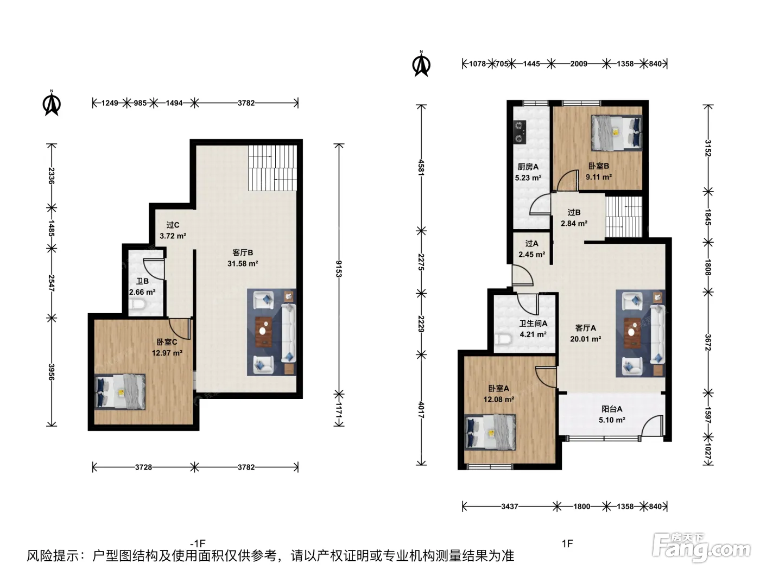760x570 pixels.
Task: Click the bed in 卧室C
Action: pos(120,391)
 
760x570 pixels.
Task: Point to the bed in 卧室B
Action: pos(616,133)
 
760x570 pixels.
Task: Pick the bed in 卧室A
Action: pos(490,433)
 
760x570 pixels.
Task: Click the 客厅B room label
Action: pos(242,252)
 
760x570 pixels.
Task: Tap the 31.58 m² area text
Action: pos(242,264)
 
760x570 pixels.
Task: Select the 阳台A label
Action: pos(612,409)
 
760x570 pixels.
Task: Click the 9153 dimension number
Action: pos(339,269)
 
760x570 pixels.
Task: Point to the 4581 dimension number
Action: pos(421,168)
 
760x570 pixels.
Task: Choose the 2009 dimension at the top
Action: pos(579,64)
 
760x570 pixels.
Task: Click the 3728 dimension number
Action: pos(143,467)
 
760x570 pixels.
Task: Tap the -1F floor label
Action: pos(198,543)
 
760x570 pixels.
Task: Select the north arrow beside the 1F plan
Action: pos(421,64)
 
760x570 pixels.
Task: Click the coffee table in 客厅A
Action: pos(632,333)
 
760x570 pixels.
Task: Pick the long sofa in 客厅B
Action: pos(288,333)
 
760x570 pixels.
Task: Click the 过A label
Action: pos(531,244)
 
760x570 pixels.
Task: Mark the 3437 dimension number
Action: pos(510,506)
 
